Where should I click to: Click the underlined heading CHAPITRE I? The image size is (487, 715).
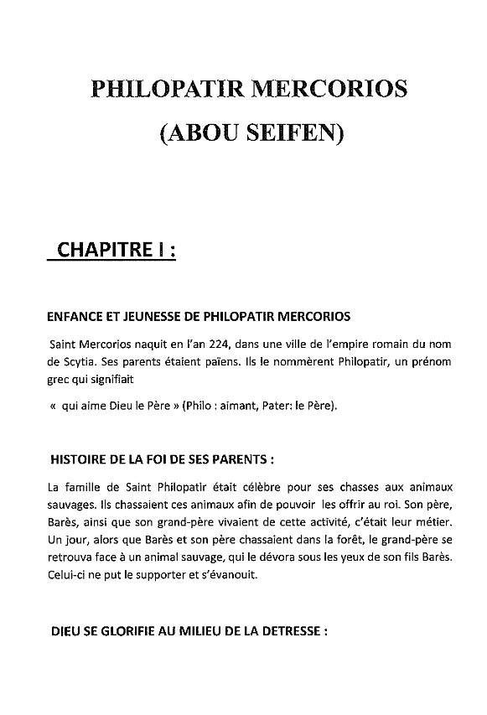coord(115,250)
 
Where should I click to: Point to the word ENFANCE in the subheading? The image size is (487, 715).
coord(76,318)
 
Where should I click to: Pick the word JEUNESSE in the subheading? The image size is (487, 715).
coord(157,318)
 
